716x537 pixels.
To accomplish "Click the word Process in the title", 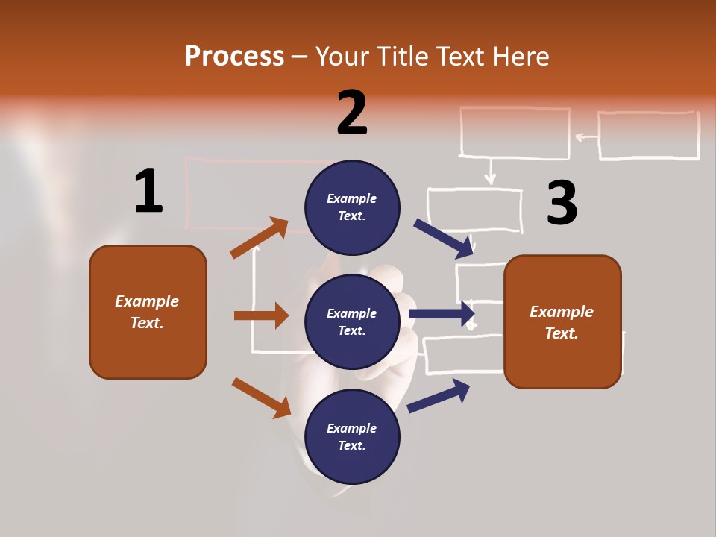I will pos(234,56).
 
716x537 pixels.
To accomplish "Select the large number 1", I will pos(148,191).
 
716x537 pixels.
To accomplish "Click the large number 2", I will pos(352,113).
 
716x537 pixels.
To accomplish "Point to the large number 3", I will pos(562,203).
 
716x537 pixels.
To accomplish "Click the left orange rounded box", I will pos(148,312).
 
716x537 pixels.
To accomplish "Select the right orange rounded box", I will pos(562,321).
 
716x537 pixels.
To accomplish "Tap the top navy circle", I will pos(352,207).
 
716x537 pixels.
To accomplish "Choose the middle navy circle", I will pos(352,321).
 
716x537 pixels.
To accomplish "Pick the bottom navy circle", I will pos(352,436).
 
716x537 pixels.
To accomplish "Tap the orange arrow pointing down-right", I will pos(261,398).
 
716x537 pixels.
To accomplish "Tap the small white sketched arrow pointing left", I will pos(586,136).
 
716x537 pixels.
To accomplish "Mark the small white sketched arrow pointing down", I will pos(489,172).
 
